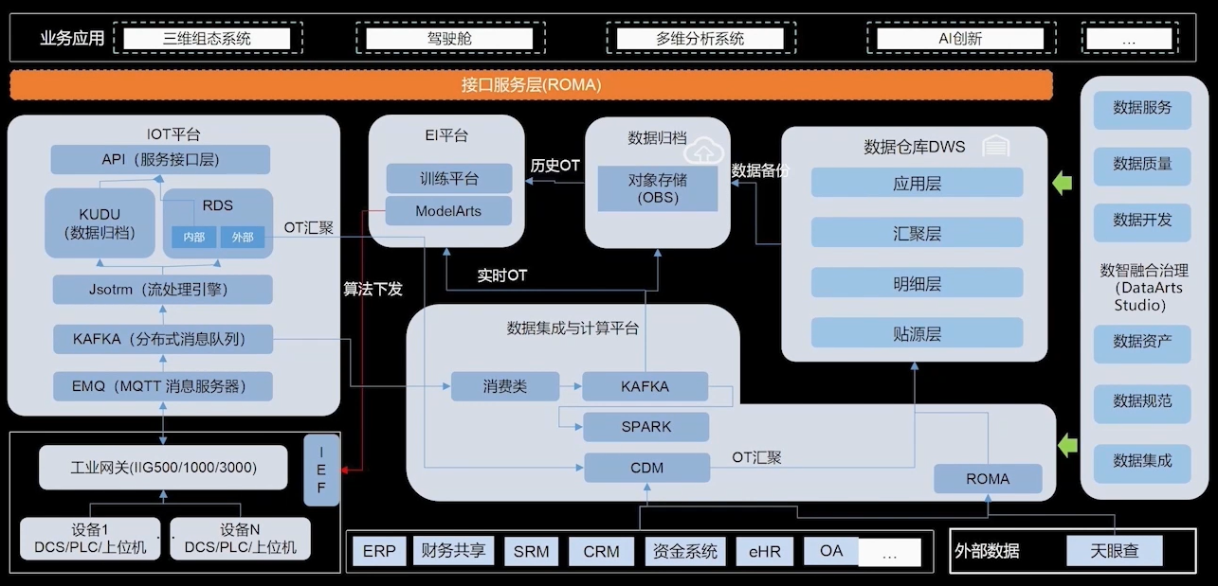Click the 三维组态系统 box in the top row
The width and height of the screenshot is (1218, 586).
[207, 39]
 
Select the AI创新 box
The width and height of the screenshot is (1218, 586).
[960, 39]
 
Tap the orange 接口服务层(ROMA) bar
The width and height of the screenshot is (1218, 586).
[531, 85]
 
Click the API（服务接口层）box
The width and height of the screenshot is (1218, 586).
[160, 159]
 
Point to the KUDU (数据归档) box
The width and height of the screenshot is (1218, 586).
[100, 223]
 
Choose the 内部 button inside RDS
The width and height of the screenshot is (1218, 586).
[193, 237]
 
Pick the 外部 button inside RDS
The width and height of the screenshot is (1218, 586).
[242, 237]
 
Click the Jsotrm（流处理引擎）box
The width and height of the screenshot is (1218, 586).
[163, 290]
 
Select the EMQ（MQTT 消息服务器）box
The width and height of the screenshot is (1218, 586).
[163, 386]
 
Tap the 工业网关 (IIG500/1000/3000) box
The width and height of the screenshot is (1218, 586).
[163, 467]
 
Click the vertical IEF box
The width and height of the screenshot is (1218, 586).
[321, 471]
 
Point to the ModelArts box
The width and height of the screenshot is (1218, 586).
[448, 211]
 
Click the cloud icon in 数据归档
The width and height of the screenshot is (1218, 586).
[703, 151]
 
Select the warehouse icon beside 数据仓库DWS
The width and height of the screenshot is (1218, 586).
[995, 146]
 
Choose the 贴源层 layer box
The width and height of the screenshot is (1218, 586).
[917, 333]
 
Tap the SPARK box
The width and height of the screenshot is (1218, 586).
[646, 427]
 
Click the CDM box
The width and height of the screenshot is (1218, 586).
[647, 468]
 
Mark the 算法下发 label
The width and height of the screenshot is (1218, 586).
[373, 289]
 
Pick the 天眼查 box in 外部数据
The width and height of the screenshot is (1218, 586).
[1115, 551]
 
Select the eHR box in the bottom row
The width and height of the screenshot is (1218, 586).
[765, 551]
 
